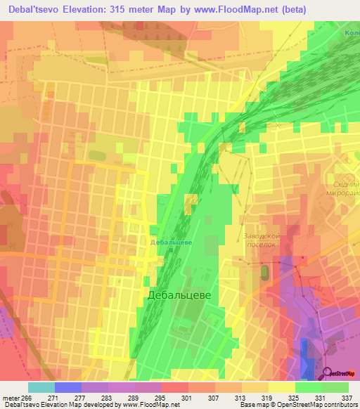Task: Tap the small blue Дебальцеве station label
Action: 172,242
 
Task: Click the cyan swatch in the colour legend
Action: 41,387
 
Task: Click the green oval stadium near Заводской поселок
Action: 264,271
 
